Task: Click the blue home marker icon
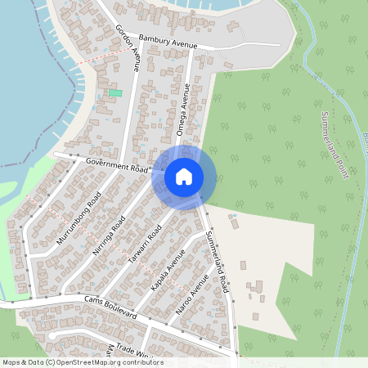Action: [184, 176]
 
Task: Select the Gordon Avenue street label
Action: [128, 48]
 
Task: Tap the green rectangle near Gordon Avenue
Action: [115, 93]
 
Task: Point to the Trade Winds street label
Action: [134, 349]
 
